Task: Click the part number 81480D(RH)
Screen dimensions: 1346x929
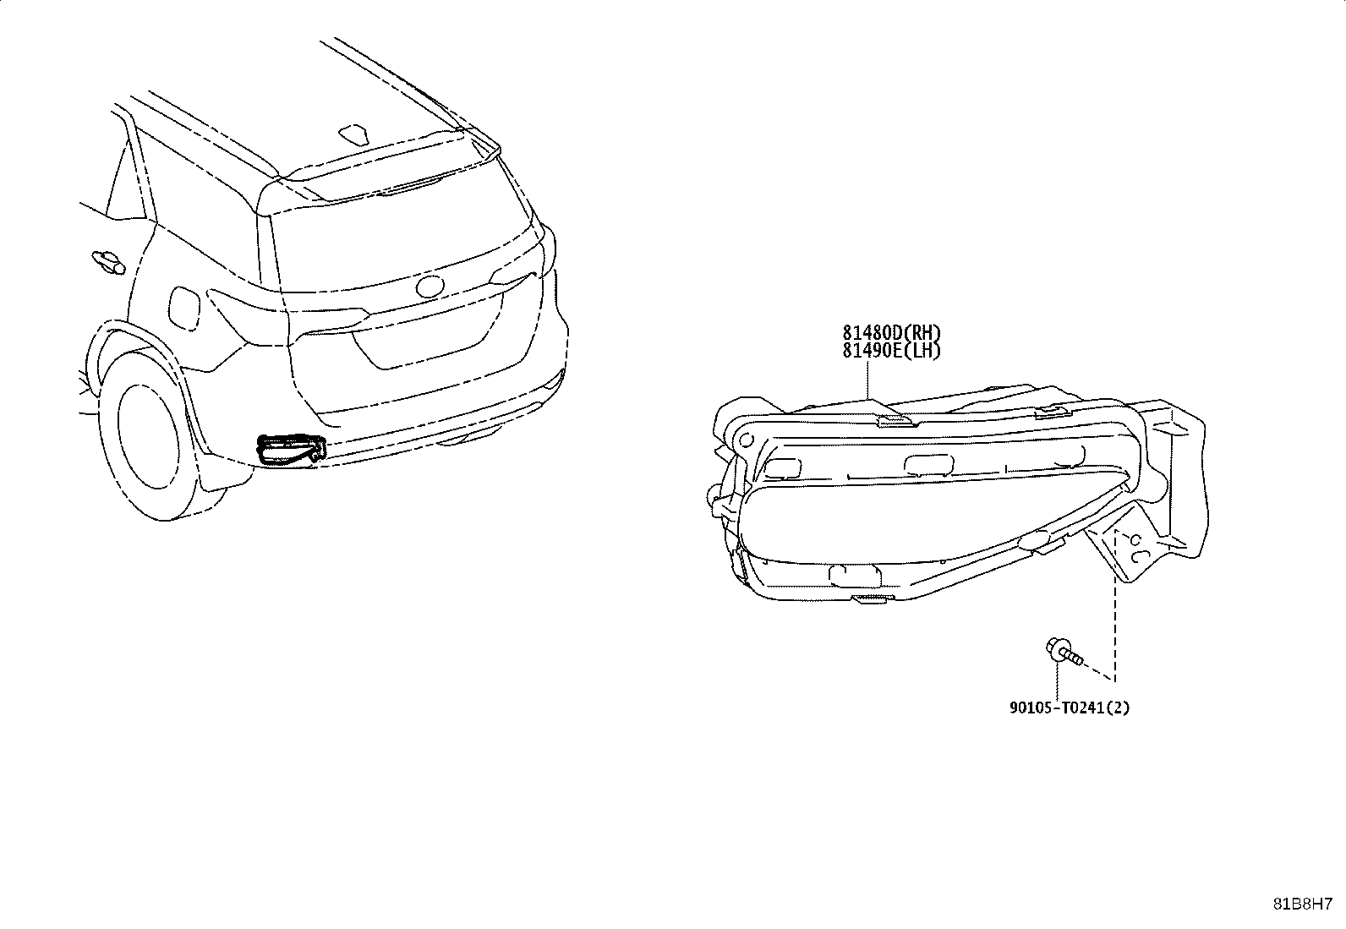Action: (x=891, y=332)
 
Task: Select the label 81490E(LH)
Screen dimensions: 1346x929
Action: (x=891, y=350)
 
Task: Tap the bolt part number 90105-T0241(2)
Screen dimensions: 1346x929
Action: (x=1070, y=708)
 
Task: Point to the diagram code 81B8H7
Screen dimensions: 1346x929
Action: (x=1303, y=904)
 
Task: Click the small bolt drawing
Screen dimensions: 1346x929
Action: (x=1064, y=652)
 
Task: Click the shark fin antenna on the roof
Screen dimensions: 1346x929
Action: (x=354, y=134)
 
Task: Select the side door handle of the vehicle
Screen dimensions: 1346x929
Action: (x=108, y=261)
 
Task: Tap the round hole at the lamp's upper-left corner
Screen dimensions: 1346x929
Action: (x=746, y=440)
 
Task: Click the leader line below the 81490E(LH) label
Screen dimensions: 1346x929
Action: (x=867, y=380)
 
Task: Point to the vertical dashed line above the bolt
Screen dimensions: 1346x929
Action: (x=1115, y=606)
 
